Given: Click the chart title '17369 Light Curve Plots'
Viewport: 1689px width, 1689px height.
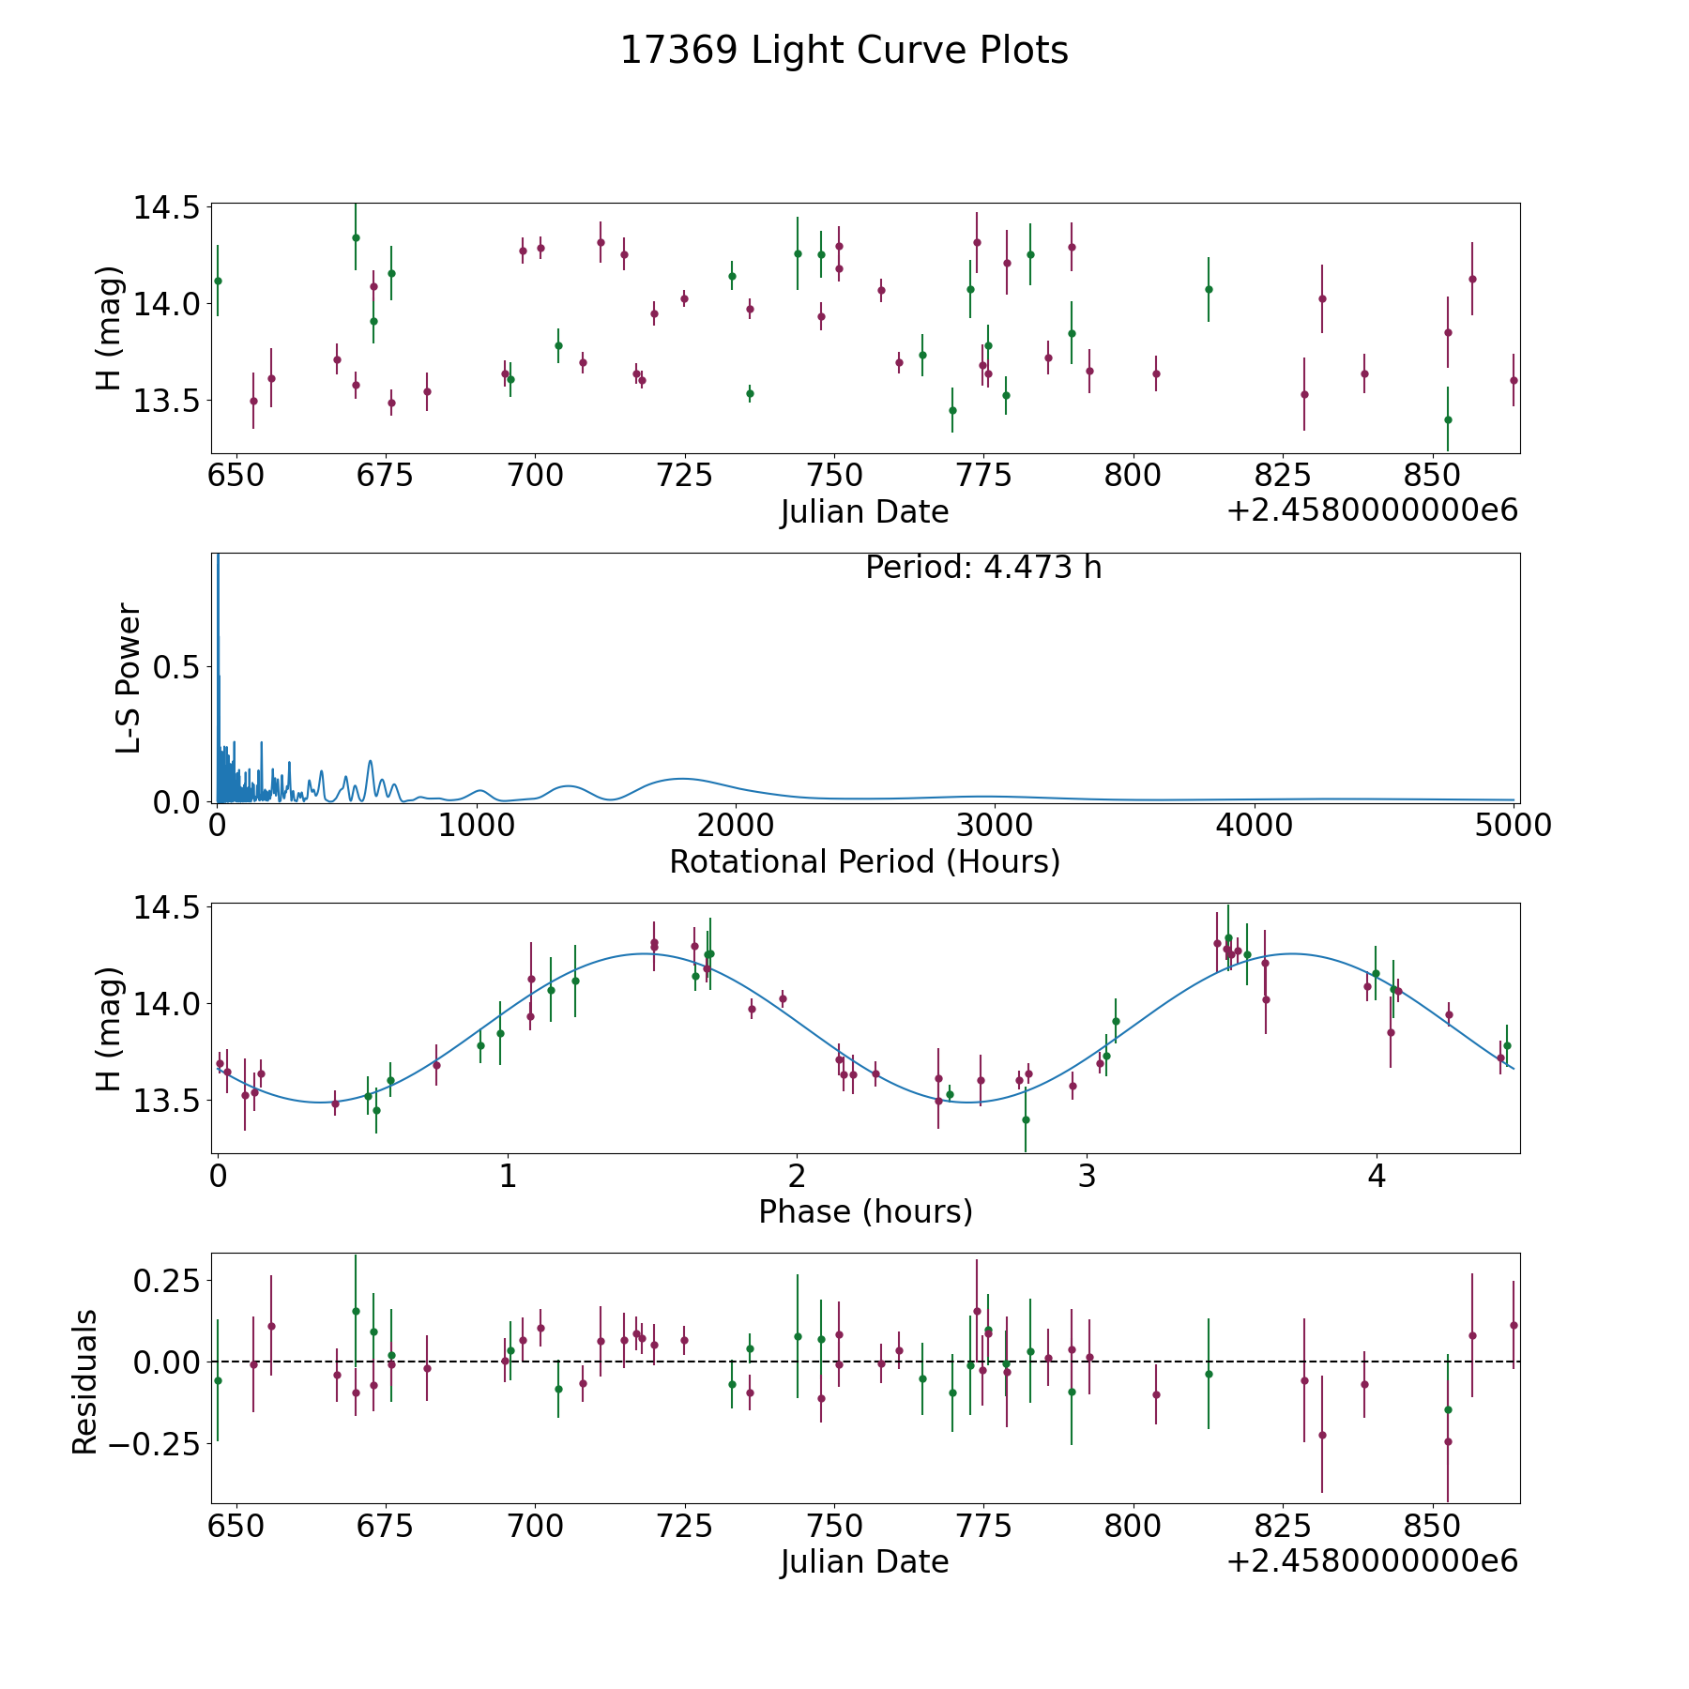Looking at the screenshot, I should (844, 51).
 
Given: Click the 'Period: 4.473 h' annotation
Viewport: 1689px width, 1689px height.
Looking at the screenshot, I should (982, 568).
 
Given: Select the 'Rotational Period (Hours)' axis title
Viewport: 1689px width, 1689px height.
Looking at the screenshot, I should (864, 861).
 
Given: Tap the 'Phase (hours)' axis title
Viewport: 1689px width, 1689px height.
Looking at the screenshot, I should (865, 1211).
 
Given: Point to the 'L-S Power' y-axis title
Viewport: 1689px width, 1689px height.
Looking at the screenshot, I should (129, 677).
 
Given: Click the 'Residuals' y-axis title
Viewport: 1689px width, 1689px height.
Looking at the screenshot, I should (84, 1381).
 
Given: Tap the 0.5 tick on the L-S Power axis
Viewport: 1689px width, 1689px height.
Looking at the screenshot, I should (177, 667).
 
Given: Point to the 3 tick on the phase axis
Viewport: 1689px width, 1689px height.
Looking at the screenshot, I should (1087, 1177).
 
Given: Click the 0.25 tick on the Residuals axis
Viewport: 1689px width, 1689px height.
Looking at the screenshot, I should (166, 1281).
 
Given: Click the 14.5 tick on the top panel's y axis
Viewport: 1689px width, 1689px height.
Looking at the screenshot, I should (166, 207).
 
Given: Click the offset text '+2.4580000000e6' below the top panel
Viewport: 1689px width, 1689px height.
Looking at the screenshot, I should (1372, 511).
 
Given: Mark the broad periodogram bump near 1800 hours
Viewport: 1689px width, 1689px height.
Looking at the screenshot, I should (682, 779).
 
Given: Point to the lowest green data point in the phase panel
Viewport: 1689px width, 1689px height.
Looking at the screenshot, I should (1026, 1119).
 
